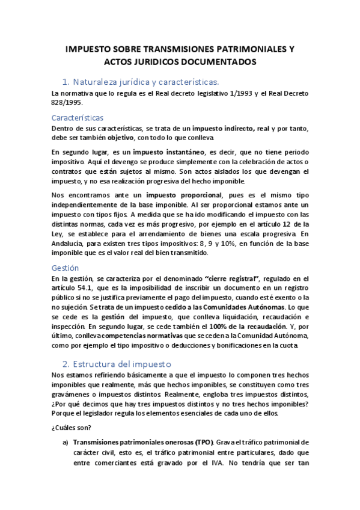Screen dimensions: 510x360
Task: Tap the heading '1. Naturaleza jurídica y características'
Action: pyautogui.click(x=141, y=81)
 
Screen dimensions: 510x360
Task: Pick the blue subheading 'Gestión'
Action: pyautogui.click(x=66, y=268)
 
